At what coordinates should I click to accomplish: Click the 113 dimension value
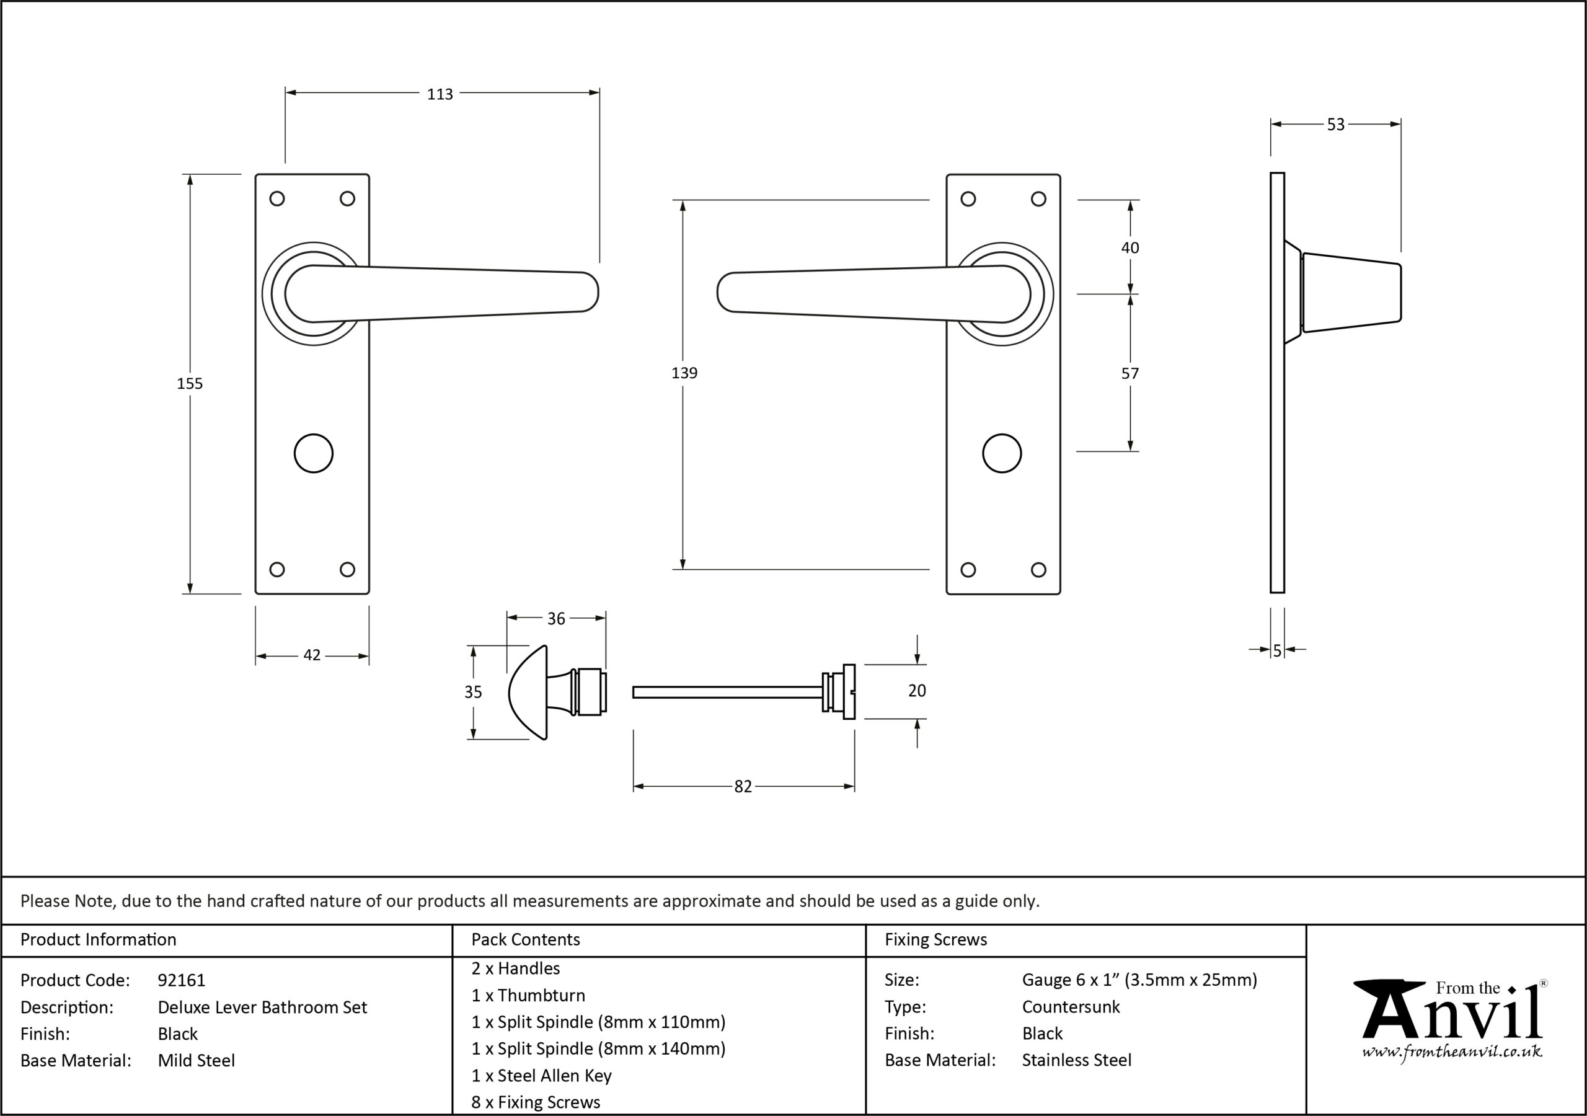point(440,94)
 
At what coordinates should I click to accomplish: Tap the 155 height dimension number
point(190,384)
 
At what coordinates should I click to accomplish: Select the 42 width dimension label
point(312,655)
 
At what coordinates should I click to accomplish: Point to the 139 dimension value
point(684,373)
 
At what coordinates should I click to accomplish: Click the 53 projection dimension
point(1335,125)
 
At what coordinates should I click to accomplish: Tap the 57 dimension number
point(1129,374)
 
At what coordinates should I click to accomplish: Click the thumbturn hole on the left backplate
point(313,454)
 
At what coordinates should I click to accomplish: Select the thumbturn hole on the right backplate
point(1002,454)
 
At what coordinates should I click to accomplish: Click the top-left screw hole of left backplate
point(276,199)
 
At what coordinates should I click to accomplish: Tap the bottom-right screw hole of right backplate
point(1038,570)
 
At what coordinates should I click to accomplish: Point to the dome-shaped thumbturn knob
point(528,693)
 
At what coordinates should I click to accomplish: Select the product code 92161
point(181,980)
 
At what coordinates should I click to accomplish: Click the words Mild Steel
point(197,1061)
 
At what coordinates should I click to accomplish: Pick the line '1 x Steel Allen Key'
point(541,1076)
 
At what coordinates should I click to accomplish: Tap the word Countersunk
point(1071,1007)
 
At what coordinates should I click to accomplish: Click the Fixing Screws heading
point(936,940)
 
